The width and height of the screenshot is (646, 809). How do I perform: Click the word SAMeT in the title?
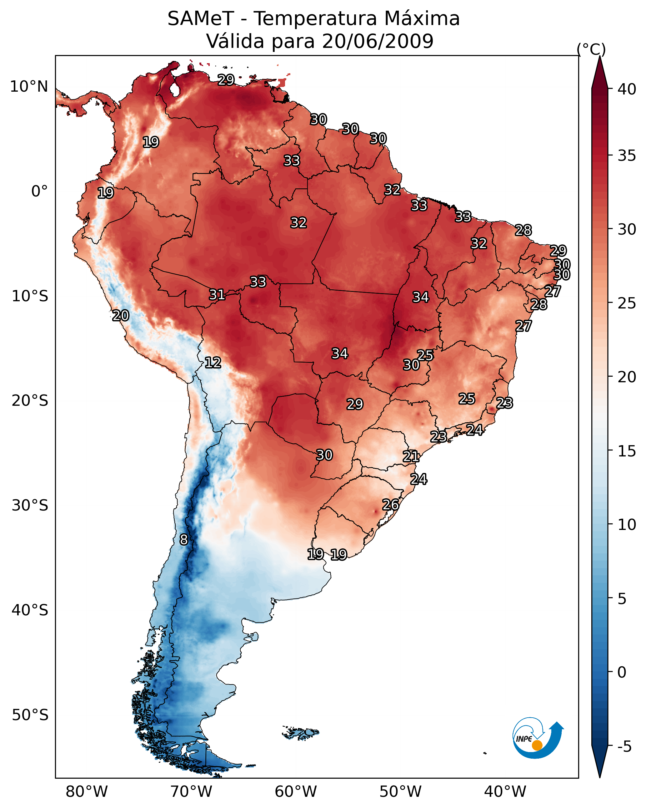point(200,19)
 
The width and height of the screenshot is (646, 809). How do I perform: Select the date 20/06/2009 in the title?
point(377,41)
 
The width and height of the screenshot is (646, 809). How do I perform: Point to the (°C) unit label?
point(591,49)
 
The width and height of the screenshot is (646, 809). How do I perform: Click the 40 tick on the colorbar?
point(627,89)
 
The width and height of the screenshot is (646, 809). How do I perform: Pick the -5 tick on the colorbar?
point(624,746)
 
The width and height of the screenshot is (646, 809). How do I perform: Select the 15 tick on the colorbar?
point(627,451)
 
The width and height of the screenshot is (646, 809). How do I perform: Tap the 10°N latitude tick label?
point(29,87)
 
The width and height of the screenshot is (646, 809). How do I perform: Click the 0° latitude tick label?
point(39,191)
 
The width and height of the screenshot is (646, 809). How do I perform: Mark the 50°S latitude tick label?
point(30,715)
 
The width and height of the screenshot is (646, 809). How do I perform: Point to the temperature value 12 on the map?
point(213,363)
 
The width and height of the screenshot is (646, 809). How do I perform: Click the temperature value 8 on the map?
point(184,540)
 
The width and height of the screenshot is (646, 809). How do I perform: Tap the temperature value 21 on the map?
point(411,456)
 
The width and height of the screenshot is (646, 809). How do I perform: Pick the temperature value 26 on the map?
point(390,505)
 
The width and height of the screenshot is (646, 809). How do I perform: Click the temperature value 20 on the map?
point(121,316)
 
